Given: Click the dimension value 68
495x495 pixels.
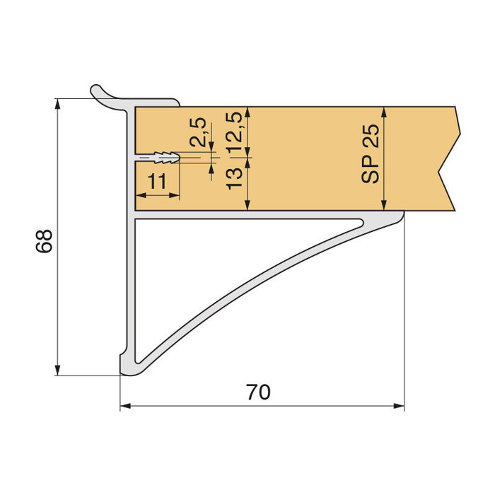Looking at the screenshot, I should pyautogui.click(x=44, y=242).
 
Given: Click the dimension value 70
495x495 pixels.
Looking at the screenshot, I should pyautogui.click(x=259, y=392).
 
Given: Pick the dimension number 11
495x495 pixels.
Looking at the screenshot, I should pyautogui.click(x=158, y=182).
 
